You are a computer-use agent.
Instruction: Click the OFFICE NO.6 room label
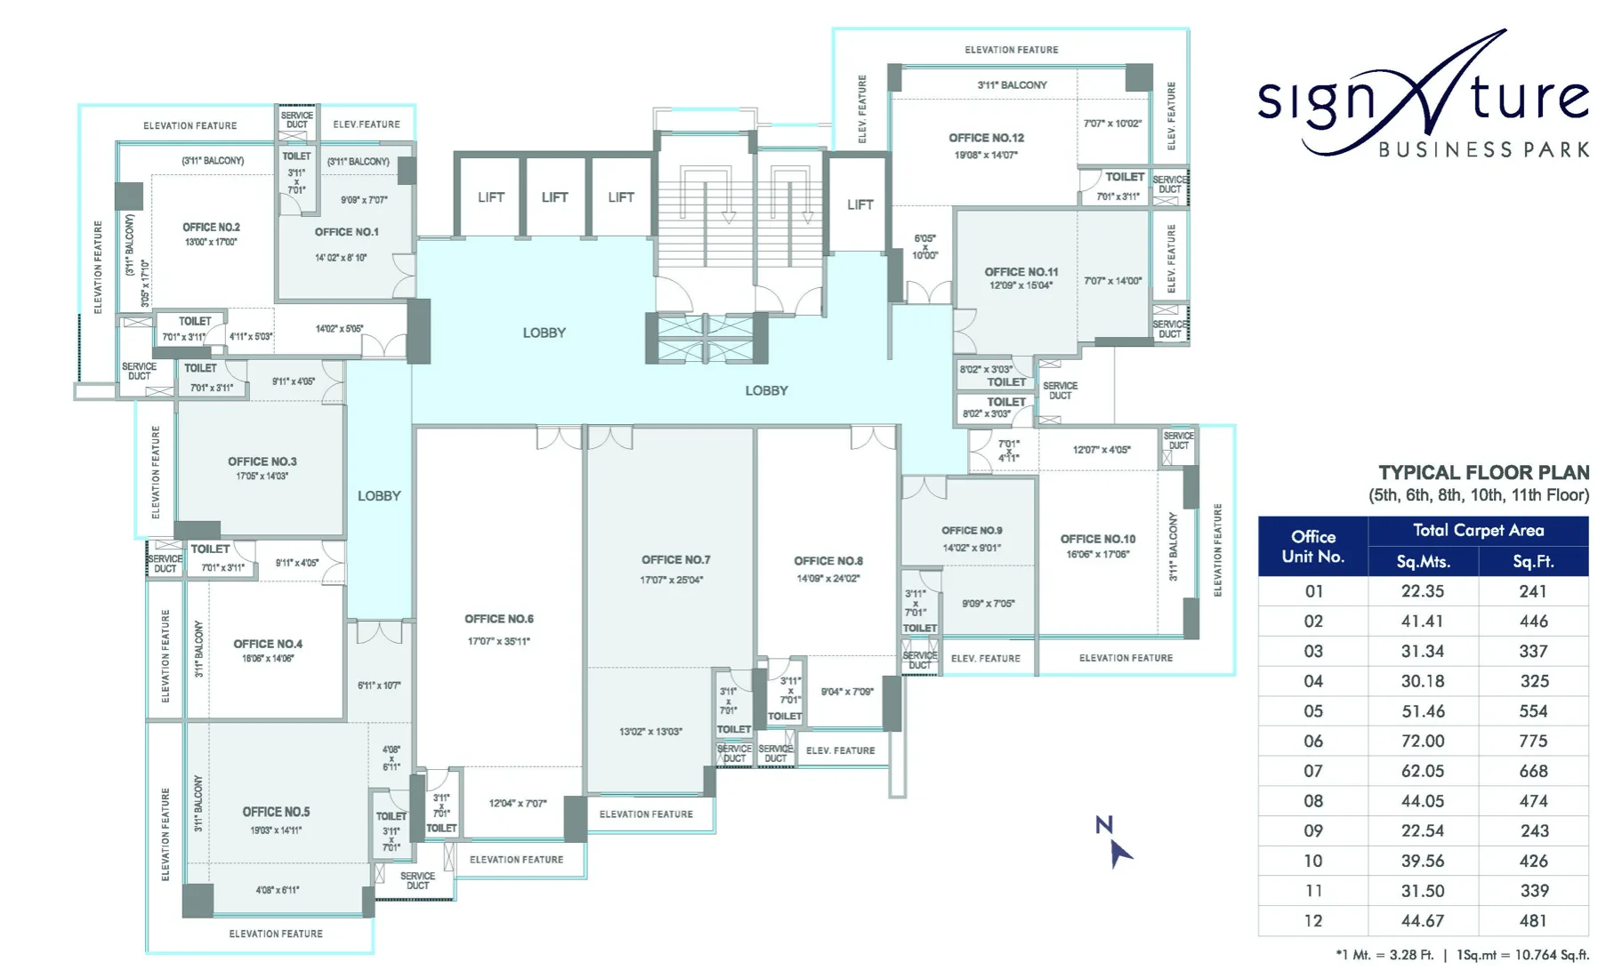(x=498, y=619)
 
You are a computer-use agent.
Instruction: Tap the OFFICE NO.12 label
(x=986, y=138)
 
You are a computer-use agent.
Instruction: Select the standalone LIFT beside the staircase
(x=859, y=204)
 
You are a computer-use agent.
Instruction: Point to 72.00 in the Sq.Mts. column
(x=1422, y=741)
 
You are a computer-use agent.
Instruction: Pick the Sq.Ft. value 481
(x=1533, y=920)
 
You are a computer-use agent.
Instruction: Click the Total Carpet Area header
(x=1478, y=531)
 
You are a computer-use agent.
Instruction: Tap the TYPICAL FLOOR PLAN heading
(x=1483, y=473)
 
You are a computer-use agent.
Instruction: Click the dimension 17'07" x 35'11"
(x=498, y=641)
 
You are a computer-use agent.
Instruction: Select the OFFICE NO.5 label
(x=276, y=812)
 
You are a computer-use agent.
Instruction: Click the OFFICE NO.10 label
(x=1097, y=539)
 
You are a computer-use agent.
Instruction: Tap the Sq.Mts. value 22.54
(x=1422, y=830)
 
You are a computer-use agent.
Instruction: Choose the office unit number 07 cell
(x=1313, y=771)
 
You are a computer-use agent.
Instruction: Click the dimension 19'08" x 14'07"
(x=986, y=155)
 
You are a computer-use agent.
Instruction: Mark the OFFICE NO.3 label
(x=262, y=461)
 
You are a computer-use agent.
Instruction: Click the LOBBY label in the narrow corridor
(x=379, y=496)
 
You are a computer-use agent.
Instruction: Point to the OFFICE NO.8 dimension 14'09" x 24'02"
(x=827, y=579)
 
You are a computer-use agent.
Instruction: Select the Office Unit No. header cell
(x=1312, y=546)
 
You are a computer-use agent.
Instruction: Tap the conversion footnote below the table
(x=1462, y=955)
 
